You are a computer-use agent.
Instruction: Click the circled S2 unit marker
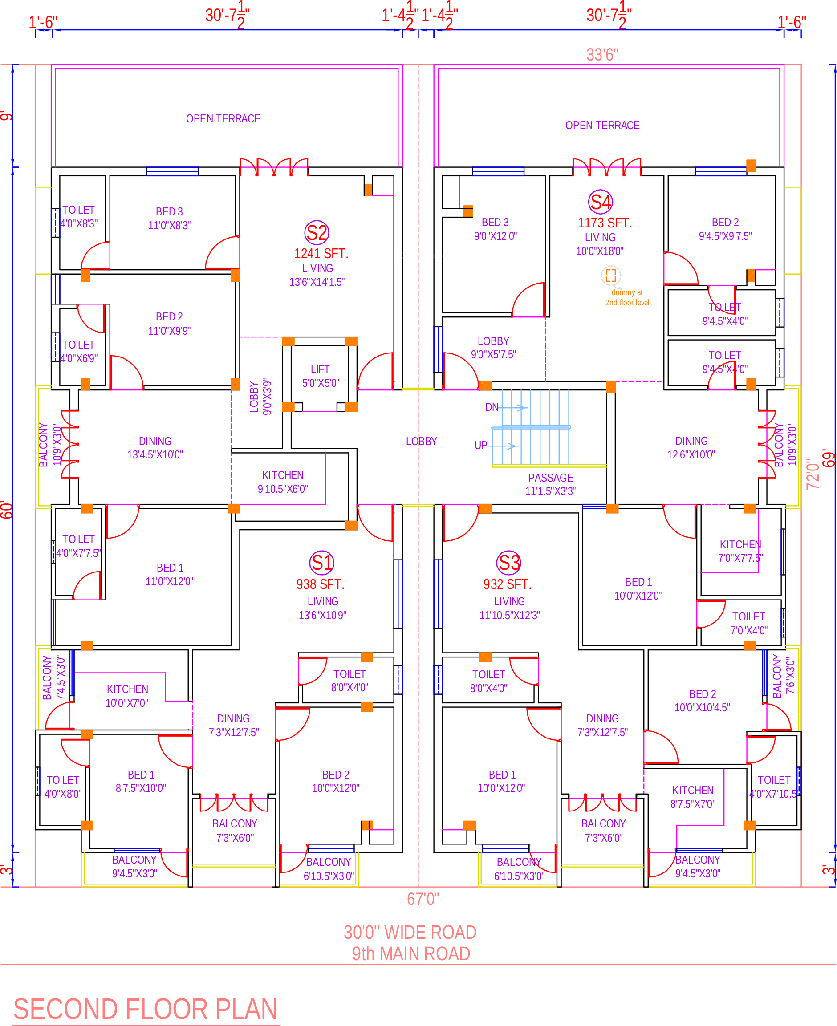[316, 233]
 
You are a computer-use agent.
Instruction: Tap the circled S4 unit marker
[600, 202]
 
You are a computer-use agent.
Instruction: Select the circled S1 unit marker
[321, 562]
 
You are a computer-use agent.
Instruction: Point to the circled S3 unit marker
[509, 562]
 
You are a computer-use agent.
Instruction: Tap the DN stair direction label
[492, 407]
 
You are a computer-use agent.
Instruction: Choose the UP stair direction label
[481, 445]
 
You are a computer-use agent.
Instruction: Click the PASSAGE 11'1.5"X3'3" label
[551, 484]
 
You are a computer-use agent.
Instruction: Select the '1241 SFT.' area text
[321, 253]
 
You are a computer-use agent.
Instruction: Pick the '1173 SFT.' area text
[605, 223]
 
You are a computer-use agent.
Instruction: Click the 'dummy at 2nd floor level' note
[627, 297]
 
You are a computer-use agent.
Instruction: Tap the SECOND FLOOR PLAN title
[146, 1009]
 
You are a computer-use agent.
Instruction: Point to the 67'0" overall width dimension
[423, 899]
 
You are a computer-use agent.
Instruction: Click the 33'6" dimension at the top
[602, 55]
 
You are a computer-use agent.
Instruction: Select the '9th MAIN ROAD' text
[411, 954]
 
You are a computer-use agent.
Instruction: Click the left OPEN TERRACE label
[223, 118]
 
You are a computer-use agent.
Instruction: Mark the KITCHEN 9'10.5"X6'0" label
[283, 482]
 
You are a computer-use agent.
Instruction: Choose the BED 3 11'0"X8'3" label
[169, 218]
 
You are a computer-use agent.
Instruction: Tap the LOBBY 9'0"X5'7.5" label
[493, 348]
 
